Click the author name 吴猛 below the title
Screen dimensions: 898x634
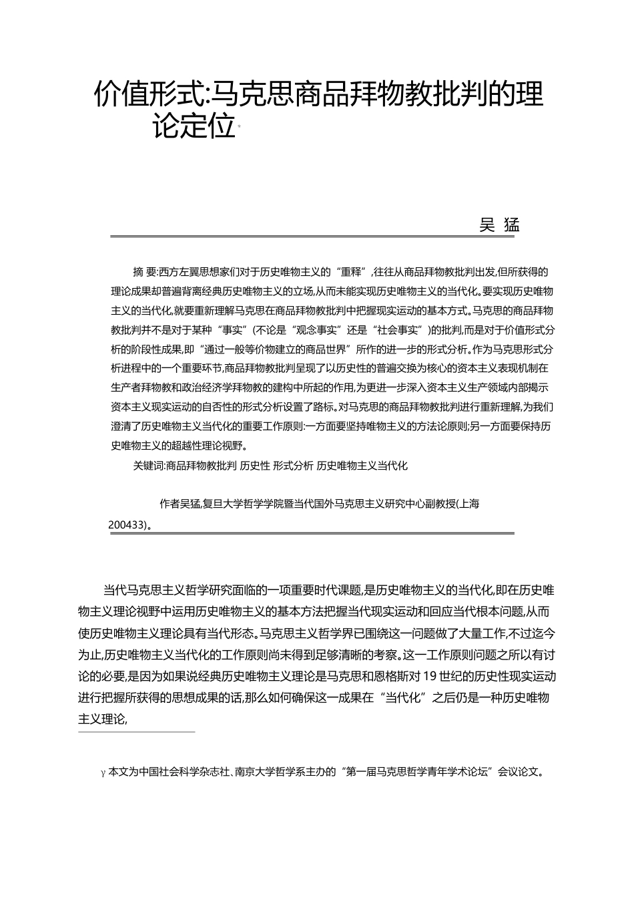(499, 225)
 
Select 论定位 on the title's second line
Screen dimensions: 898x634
(194, 127)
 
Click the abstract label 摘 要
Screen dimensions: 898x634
(145, 271)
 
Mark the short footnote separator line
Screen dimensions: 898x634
(136, 732)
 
